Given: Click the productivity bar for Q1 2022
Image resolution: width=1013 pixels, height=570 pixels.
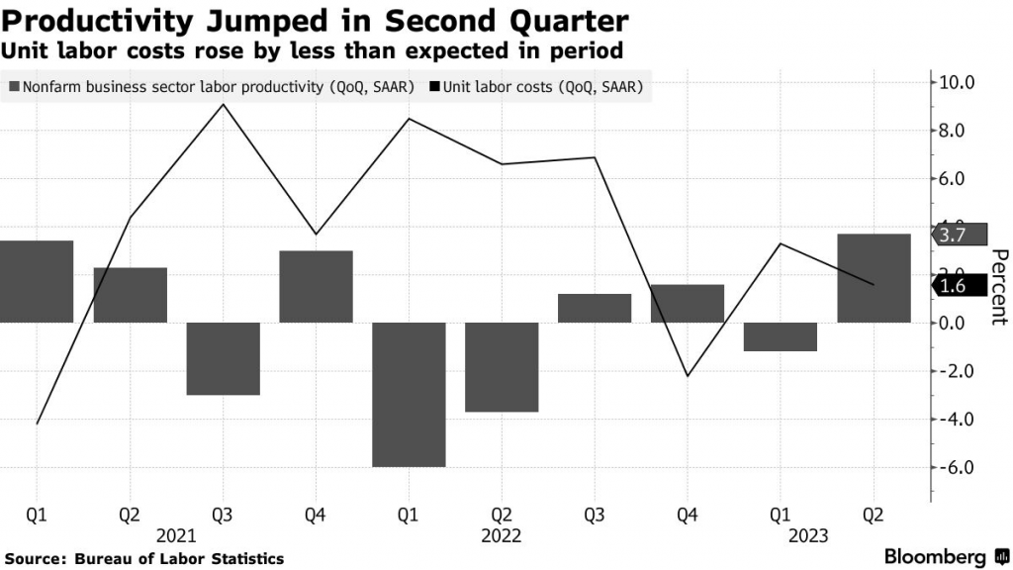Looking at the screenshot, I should click(x=409, y=394).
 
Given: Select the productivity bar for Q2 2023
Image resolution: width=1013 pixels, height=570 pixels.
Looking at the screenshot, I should click(x=874, y=278).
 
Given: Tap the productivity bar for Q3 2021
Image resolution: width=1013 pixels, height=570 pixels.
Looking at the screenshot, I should click(x=223, y=358).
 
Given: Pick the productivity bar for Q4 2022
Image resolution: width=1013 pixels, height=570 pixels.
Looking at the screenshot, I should click(x=688, y=303).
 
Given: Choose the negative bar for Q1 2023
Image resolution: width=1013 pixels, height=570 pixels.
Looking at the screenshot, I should click(x=781, y=336).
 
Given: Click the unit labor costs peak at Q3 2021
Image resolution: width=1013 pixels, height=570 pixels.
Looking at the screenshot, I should click(x=224, y=105).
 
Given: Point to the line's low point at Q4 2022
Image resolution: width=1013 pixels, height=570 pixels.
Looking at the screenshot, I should click(x=688, y=376).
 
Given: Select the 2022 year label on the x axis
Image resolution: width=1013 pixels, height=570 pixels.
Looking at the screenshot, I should click(x=502, y=535).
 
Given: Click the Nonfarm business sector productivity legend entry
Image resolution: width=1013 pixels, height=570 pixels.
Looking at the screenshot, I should click(x=211, y=87).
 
